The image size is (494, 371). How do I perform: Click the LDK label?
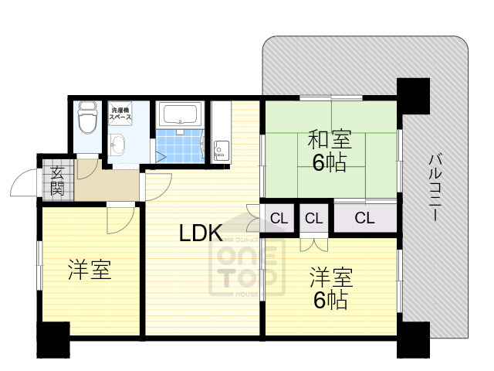point(201,232)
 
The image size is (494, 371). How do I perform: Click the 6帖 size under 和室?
point(329,163)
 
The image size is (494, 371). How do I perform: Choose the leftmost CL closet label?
point(279,218)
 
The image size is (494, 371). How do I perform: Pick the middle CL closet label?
point(313,218)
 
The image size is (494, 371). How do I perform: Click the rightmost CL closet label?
point(365,218)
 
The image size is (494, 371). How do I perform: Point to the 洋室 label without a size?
point(89,271)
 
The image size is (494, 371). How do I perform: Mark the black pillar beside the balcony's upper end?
point(413,94)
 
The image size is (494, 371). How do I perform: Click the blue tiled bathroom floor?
point(179,146)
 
